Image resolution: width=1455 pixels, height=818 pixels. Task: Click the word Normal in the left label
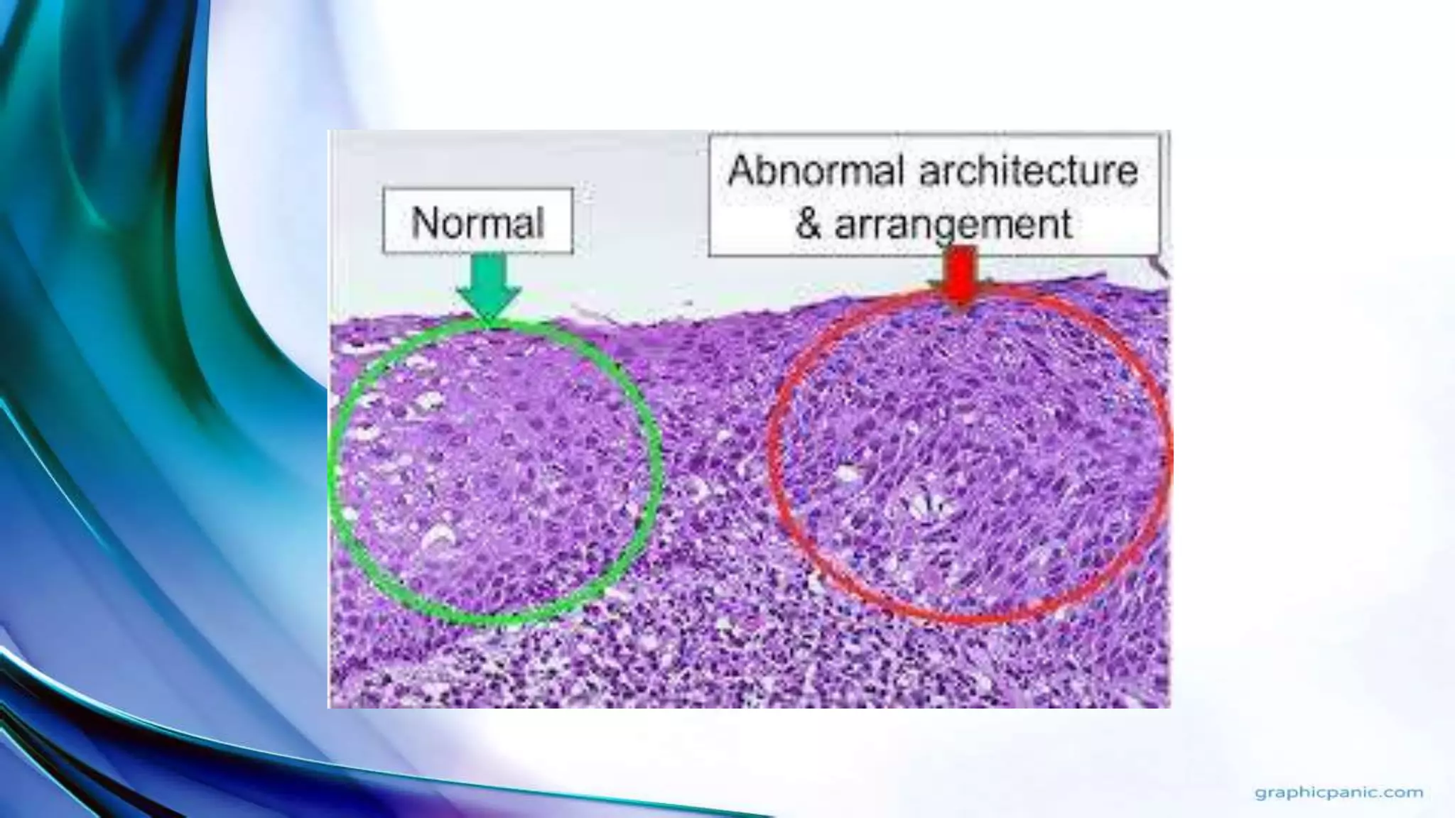click(x=477, y=222)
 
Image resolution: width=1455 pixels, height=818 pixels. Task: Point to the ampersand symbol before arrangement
click(x=808, y=224)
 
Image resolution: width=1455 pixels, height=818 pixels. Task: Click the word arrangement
click(x=953, y=224)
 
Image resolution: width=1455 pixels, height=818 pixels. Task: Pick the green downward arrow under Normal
click(x=489, y=288)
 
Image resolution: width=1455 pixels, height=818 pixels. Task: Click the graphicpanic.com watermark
click(x=1338, y=792)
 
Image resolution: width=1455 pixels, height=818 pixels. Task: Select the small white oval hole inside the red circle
click(x=847, y=473)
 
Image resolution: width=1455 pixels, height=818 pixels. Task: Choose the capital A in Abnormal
click(x=743, y=171)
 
